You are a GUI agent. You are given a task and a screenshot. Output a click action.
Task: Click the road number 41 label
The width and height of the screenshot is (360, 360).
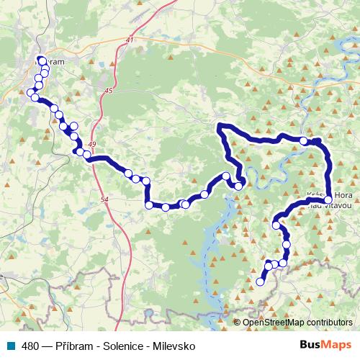[x=130, y=40]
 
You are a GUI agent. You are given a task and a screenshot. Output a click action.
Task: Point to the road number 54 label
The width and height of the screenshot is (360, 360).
[x=104, y=198]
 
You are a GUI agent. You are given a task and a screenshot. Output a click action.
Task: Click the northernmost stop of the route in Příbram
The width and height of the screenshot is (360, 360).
[x=42, y=60]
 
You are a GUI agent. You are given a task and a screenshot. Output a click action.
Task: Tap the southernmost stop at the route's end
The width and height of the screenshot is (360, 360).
[x=261, y=282]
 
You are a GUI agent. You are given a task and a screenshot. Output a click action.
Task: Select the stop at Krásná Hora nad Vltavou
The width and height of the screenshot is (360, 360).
[x=328, y=199]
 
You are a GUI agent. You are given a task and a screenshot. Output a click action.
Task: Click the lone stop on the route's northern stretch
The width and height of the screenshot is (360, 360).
[x=305, y=141]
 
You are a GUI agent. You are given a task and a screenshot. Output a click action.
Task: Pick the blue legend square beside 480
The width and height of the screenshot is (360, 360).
[x=14, y=346]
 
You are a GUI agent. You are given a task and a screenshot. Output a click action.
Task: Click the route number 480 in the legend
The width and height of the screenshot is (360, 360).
[x=30, y=346]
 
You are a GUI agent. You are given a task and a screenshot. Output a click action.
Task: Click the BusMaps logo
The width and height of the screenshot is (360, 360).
[x=326, y=345]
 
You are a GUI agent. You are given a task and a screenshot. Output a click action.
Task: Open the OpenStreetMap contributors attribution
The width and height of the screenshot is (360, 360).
[x=298, y=323]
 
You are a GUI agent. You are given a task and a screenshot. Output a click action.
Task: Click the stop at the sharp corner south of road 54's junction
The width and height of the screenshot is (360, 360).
[x=149, y=205]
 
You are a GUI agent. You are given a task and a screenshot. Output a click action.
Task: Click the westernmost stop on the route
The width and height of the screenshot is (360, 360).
[x=31, y=93]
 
